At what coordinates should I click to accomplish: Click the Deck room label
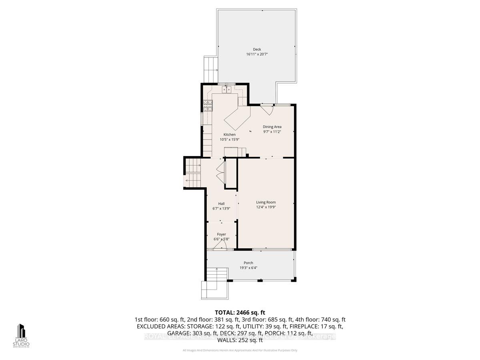tap(257, 49)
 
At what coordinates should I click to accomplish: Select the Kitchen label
tap(229, 134)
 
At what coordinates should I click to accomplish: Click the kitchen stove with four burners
tap(208, 105)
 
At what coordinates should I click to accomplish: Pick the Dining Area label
tap(272, 127)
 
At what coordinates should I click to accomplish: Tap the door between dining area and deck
tap(267, 108)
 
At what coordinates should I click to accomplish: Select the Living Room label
tap(266, 202)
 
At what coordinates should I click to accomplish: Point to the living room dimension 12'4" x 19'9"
tap(266, 207)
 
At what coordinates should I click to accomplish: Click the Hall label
tap(221, 203)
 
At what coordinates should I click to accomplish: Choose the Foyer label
tap(221, 234)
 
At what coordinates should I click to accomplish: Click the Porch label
tap(248, 263)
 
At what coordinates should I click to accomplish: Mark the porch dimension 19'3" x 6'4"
tap(248, 268)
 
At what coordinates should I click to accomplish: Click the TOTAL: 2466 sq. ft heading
tap(240, 312)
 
